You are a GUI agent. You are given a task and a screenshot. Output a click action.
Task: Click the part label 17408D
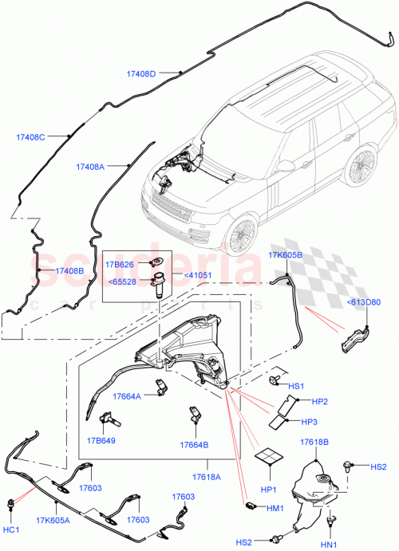click(x=142, y=74)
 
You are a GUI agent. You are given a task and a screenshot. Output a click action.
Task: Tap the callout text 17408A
click(x=91, y=167)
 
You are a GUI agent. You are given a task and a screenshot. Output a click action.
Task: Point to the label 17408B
click(x=70, y=271)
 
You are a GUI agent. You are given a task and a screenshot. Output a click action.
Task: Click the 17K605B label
click(x=285, y=255)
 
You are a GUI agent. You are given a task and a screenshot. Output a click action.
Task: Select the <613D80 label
click(x=364, y=301)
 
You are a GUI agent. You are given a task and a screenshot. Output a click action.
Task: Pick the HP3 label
click(x=310, y=421)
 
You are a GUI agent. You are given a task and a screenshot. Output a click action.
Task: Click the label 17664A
click(x=126, y=396)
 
